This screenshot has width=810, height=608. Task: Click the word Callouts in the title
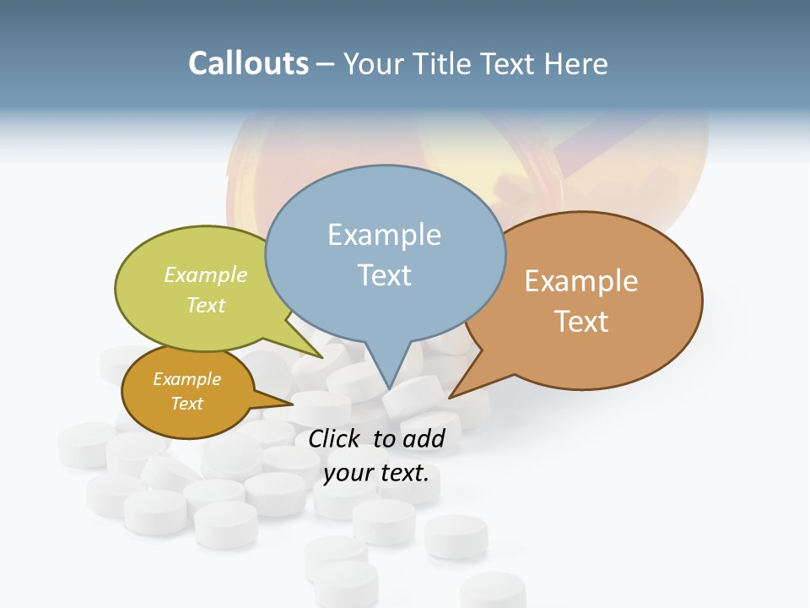[248, 64]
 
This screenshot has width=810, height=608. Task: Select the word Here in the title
[576, 64]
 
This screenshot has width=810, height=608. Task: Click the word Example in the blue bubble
[384, 235]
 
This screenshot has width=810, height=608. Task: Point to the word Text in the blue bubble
[384, 275]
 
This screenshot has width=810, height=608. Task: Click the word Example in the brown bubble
[581, 281]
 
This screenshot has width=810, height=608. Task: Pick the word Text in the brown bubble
[581, 322]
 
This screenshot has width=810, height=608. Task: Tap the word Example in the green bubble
[206, 275]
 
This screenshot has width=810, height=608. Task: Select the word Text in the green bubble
[206, 305]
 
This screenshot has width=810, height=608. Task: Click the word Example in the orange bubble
[186, 379]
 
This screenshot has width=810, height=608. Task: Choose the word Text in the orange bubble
[186, 404]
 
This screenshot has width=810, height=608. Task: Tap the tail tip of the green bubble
[322, 357]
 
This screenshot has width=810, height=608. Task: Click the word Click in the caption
[336, 439]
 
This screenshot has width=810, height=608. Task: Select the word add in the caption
[424, 439]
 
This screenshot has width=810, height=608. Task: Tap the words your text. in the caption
[376, 473]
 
